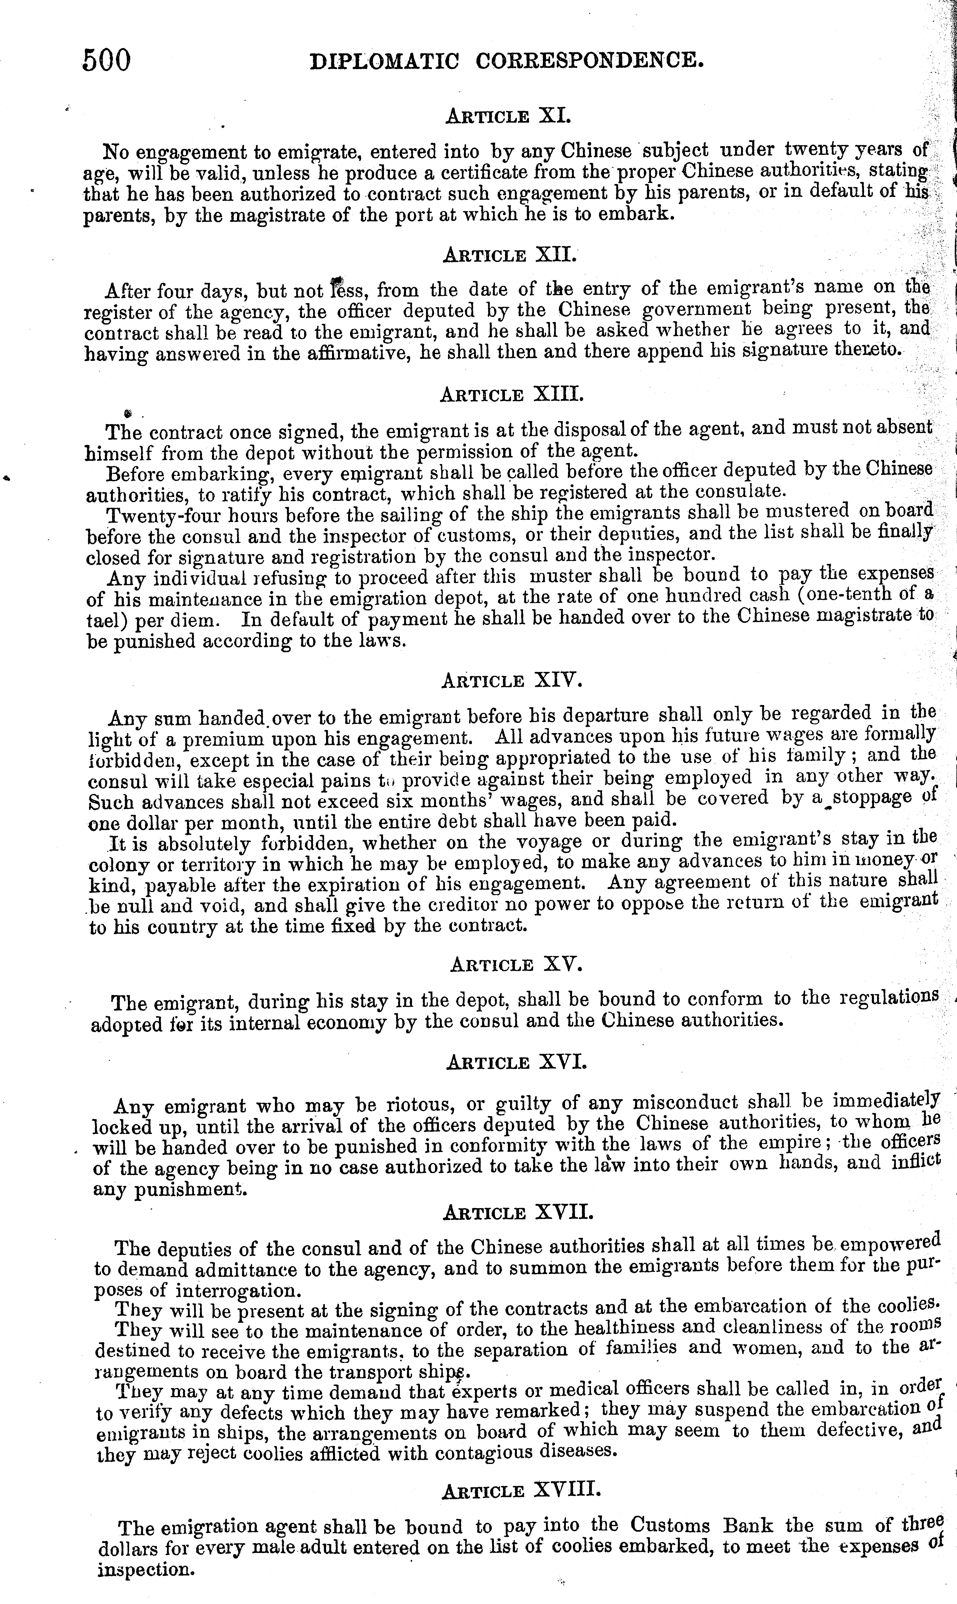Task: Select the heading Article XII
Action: pos(509,255)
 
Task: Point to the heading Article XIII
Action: pos(511,394)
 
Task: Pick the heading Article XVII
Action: pos(518,1212)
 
